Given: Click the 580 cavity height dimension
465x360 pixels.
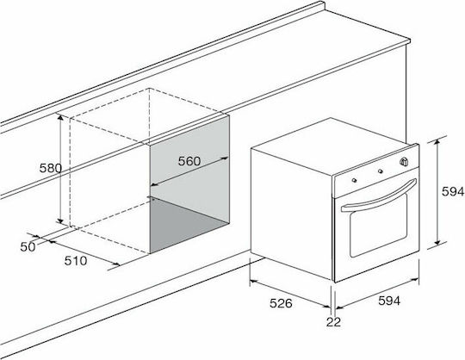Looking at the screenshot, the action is point(51,168).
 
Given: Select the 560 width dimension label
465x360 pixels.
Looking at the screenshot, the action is point(189,161).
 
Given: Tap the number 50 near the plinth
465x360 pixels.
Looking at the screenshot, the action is point(28,246).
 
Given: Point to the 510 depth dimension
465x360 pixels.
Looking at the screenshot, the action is point(76,261).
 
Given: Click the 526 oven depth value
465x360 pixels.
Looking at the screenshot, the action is point(281,303).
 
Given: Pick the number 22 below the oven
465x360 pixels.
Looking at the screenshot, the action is point(333,322).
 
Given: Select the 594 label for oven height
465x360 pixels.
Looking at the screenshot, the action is point(453,191).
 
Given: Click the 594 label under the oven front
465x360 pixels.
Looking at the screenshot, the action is point(389,301).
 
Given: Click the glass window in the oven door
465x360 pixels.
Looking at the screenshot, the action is point(379,226).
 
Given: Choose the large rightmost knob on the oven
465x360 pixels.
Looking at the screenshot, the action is point(403,162).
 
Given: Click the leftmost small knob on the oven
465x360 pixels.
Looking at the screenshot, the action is point(354,180).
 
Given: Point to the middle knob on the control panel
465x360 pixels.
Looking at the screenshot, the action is point(381,171).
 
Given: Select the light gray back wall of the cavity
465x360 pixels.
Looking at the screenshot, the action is point(189,166).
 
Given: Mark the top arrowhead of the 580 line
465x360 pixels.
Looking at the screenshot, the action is point(60,118).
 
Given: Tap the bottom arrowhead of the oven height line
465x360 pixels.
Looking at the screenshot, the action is point(437,242).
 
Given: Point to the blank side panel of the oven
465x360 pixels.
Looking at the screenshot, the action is point(292,214).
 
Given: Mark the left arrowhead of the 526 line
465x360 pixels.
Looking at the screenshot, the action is point(253,281).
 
